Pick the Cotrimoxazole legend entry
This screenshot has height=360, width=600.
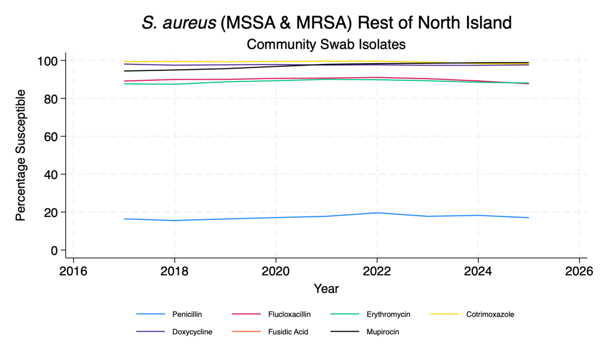490,314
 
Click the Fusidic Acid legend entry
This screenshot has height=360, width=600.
287,332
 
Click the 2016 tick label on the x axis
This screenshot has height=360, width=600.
73,271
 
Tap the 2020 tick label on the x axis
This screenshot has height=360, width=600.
275,271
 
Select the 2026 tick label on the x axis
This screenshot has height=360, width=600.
579,271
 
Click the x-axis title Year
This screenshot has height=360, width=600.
326,288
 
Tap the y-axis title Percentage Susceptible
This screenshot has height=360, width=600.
21,155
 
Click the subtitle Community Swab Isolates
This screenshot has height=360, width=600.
326,44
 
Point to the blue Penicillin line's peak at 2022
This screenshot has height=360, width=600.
377,213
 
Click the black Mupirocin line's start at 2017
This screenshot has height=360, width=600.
124,71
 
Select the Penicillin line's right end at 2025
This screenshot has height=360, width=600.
529,218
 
